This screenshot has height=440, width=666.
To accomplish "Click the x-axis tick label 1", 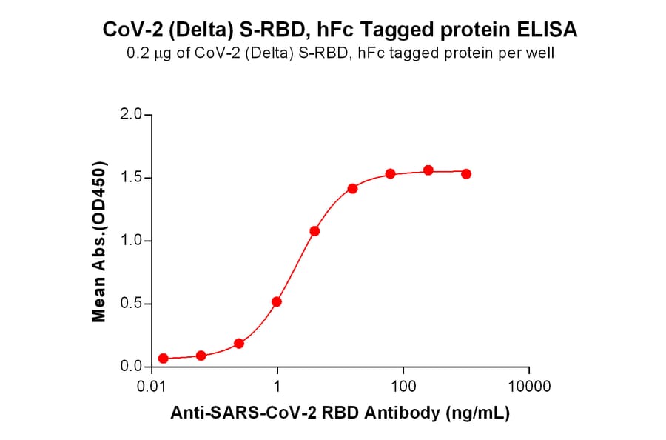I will point(277,386).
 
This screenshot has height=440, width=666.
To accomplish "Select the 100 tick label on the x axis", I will point(403,386).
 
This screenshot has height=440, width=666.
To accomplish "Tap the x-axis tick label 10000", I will point(528,386).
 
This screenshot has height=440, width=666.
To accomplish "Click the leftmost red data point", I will point(164,359).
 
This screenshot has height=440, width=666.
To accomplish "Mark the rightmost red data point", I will point(466,173).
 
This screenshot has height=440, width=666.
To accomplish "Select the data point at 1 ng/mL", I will point(277,301).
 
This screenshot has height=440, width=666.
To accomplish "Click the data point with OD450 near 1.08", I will point(314,231).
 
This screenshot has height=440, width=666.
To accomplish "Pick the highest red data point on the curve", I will point(428,170).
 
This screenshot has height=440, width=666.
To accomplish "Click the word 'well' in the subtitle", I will point(541,53).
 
